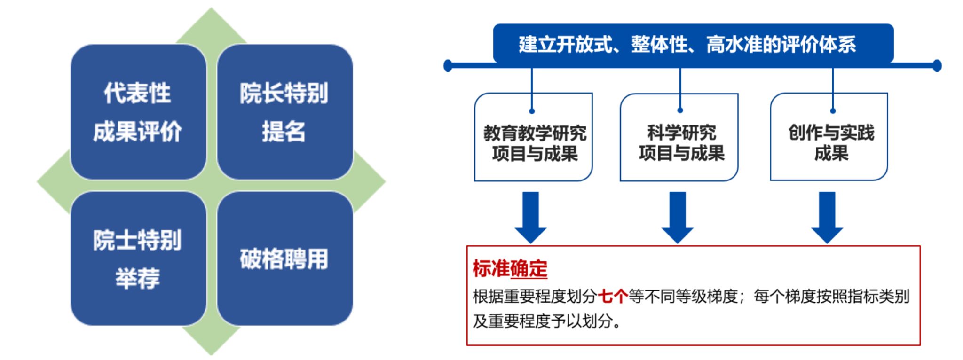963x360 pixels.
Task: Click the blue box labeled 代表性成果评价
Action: [x=138, y=112]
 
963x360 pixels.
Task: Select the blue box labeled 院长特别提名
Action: [x=284, y=112]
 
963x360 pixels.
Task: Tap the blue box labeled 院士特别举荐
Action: [x=138, y=258]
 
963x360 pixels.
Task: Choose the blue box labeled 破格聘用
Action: [x=284, y=258]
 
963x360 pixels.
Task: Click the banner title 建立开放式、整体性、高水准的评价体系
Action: [x=687, y=44]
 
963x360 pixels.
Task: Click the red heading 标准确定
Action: [x=510, y=268]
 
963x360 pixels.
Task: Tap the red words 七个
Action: [x=612, y=296]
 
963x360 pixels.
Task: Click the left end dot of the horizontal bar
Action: [x=448, y=66]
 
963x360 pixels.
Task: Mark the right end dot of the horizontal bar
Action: [x=937, y=66]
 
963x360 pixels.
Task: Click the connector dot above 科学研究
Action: [x=680, y=110]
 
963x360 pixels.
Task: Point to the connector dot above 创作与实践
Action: [x=833, y=111]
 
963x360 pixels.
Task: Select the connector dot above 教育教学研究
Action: [x=532, y=111]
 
